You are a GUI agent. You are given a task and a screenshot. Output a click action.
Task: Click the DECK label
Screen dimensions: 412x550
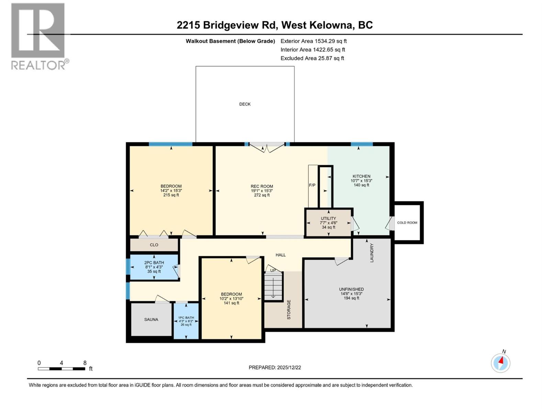tap(245, 104)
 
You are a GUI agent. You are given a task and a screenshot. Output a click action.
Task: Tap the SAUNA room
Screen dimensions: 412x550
tap(151, 319)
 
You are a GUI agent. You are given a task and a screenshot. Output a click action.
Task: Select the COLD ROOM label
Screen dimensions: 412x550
tap(407, 222)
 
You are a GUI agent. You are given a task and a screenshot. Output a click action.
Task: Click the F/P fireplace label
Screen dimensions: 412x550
tap(312, 185)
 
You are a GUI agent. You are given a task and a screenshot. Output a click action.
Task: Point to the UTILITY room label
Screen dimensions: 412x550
tap(328, 218)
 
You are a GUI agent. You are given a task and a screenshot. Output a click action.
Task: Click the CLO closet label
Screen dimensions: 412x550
tap(154, 245)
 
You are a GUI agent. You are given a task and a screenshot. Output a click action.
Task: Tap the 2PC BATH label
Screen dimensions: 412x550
tap(154, 263)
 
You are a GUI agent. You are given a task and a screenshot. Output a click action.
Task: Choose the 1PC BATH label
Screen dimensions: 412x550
tap(186, 318)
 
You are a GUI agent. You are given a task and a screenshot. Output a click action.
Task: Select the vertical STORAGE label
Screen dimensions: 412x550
tap(289, 310)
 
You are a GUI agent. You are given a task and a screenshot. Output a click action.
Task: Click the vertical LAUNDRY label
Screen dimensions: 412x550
tap(372, 253)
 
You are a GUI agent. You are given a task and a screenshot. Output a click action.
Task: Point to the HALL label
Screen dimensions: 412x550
tap(280, 255)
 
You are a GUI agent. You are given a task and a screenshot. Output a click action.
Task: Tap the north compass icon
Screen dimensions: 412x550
tap(500, 363)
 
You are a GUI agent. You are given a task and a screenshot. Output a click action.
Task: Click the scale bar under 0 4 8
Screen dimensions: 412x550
tap(61, 369)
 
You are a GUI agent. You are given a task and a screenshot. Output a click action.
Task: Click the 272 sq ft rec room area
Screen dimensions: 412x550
tap(262, 195)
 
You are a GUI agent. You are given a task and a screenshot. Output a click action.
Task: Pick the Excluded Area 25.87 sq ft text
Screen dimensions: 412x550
tap(312, 58)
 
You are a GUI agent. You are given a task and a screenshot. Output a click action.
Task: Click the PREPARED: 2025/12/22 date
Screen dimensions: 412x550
tap(275, 367)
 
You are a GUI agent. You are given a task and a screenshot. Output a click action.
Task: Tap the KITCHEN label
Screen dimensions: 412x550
tap(361, 176)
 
